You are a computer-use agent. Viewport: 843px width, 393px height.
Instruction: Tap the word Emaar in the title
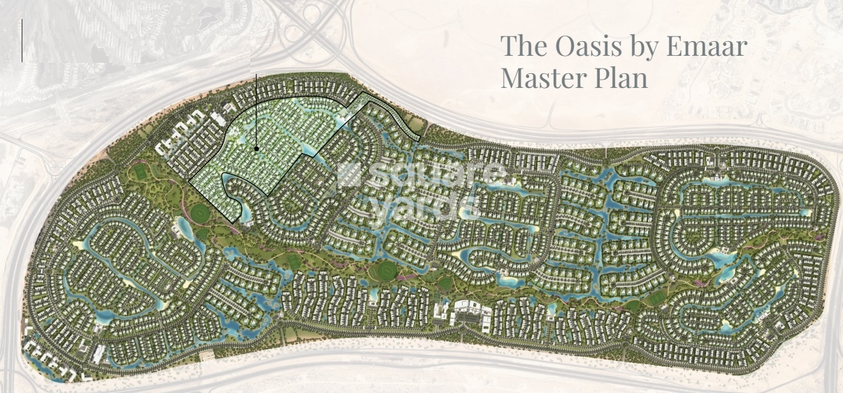[707, 47]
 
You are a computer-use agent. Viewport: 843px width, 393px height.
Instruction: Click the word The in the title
[519, 47]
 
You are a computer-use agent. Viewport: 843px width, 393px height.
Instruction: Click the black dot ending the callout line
[257, 149]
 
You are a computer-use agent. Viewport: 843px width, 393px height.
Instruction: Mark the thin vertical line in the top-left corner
[22, 40]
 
